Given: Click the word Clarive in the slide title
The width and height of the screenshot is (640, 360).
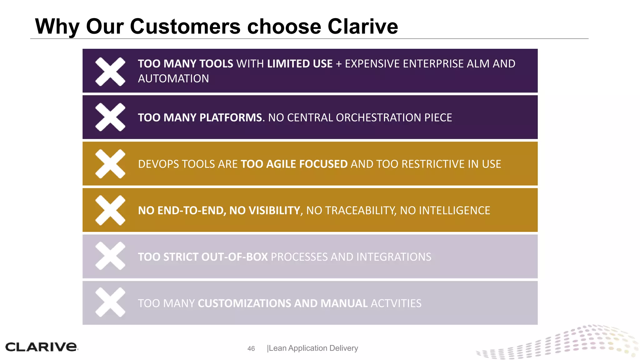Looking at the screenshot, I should pyautogui.click(x=362, y=27).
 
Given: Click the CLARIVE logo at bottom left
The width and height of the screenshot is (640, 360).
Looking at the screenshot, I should pyautogui.click(x=41, y=347).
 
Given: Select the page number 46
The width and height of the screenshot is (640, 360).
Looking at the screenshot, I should pyautogui.click(x=251, y=348).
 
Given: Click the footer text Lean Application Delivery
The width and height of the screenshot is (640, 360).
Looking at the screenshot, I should pyautogui.click(x=313, y=348).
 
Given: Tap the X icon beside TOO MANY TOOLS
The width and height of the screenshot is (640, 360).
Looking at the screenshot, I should pyautogui.click(x=110, y=72).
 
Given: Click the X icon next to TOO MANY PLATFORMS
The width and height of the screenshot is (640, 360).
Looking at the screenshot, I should pyautogui.click(x=110, y=117).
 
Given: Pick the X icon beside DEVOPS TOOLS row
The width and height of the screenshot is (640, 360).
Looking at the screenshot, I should pyautogui.click(x=110, y=164).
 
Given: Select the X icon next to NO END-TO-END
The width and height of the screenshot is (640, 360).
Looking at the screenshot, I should pyautogui.click(x=110, y=210).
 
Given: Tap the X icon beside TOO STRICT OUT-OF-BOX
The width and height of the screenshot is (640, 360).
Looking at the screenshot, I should pyautogui.click(x=110, y=256).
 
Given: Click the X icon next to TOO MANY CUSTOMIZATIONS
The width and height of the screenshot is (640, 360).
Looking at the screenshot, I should pyautogui.click(x=110, y=302).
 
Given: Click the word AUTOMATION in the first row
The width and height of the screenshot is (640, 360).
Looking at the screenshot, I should pyautogui.click(x=173, y=79).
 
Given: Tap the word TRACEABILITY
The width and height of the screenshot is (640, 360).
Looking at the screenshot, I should pyautogui.click(x=360, y=211).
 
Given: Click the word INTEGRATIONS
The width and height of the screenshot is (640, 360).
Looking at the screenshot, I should pyautogui.click(x=393, y=257).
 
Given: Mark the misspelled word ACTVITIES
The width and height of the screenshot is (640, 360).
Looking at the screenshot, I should pyautogui.click(x=396, y=303).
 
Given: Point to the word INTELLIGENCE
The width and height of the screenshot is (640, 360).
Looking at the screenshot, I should pyautogui.click(x=454, y=211).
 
